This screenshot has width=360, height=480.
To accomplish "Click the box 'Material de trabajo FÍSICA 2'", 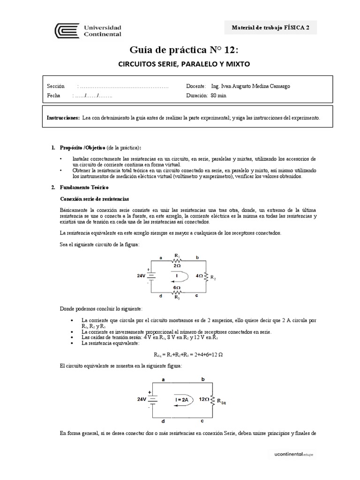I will (271, 28).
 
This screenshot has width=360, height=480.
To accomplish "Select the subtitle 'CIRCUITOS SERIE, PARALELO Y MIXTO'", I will (184, 64).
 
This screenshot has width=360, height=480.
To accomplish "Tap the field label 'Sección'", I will (55, 87).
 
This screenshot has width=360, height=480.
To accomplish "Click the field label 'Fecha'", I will (54, 96).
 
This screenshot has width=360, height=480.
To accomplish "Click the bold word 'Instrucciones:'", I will (63, 118).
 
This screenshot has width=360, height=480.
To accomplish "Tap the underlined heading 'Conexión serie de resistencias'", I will (94, 199).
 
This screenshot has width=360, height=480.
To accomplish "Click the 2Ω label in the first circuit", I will (177, 265).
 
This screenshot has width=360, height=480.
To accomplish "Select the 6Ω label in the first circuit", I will (177, 288).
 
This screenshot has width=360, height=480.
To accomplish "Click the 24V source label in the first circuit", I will (142, 276).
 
